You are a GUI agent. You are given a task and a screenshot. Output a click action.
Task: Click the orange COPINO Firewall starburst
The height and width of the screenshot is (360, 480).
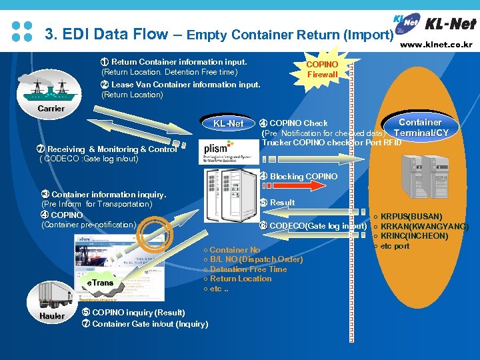(323, 69)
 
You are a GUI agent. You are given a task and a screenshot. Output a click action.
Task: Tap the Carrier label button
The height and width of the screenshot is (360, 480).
(51, 108)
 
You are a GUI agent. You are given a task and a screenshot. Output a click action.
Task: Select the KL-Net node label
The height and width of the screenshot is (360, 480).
(229, 123)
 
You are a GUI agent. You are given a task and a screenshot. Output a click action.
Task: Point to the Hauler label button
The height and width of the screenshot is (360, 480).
(52, 316)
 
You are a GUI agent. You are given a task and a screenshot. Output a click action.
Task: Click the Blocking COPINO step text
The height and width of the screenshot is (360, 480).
(299, 177)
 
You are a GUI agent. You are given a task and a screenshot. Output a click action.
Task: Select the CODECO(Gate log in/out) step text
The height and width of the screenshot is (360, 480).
(313, 226)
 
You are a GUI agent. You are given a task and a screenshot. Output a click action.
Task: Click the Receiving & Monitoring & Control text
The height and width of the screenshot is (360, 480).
(111, 149)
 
